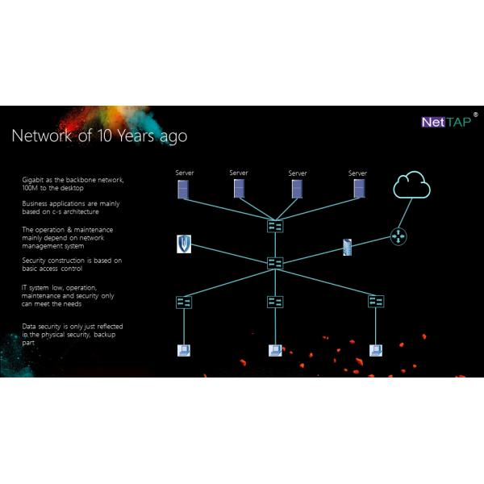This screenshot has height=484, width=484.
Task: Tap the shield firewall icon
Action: tap(184, 244)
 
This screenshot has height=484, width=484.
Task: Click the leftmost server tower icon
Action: tap(184, 190)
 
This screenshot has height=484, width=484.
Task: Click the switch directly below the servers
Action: tap(275, 227)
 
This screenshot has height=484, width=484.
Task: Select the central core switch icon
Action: tap(275, 263)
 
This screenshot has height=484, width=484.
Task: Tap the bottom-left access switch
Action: tap(184, 302)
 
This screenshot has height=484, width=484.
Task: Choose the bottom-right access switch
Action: tap(376, 301)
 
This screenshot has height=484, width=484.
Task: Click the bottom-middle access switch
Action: tap(275, 302)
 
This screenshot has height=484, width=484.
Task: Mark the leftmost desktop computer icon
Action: tap(184, 351)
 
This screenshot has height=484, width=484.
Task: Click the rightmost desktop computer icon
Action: tap(375, 351)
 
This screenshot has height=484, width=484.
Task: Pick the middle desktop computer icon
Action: tap(275, 351)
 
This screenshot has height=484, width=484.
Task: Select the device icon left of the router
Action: tap(348, 247)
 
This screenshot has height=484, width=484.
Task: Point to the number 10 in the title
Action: tap(111, 136)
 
